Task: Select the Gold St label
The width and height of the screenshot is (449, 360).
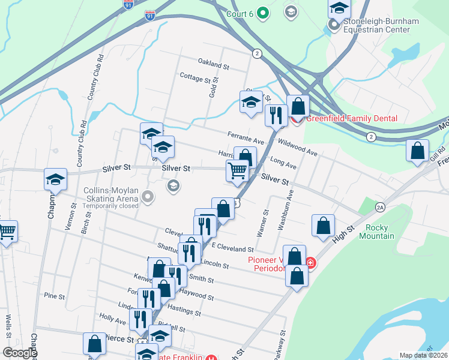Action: click(212, 91)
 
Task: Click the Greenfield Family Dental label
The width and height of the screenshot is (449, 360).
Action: click(352, 118)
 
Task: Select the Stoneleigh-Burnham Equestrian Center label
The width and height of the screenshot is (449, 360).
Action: click(381, 26)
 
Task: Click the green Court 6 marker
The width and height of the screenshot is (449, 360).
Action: click(262, 11)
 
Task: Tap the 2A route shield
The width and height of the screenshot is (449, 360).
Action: click(380, 207)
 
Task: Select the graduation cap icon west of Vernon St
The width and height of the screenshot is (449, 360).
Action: click(55, 179)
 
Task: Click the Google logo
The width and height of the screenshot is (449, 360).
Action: click(20, 353)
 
